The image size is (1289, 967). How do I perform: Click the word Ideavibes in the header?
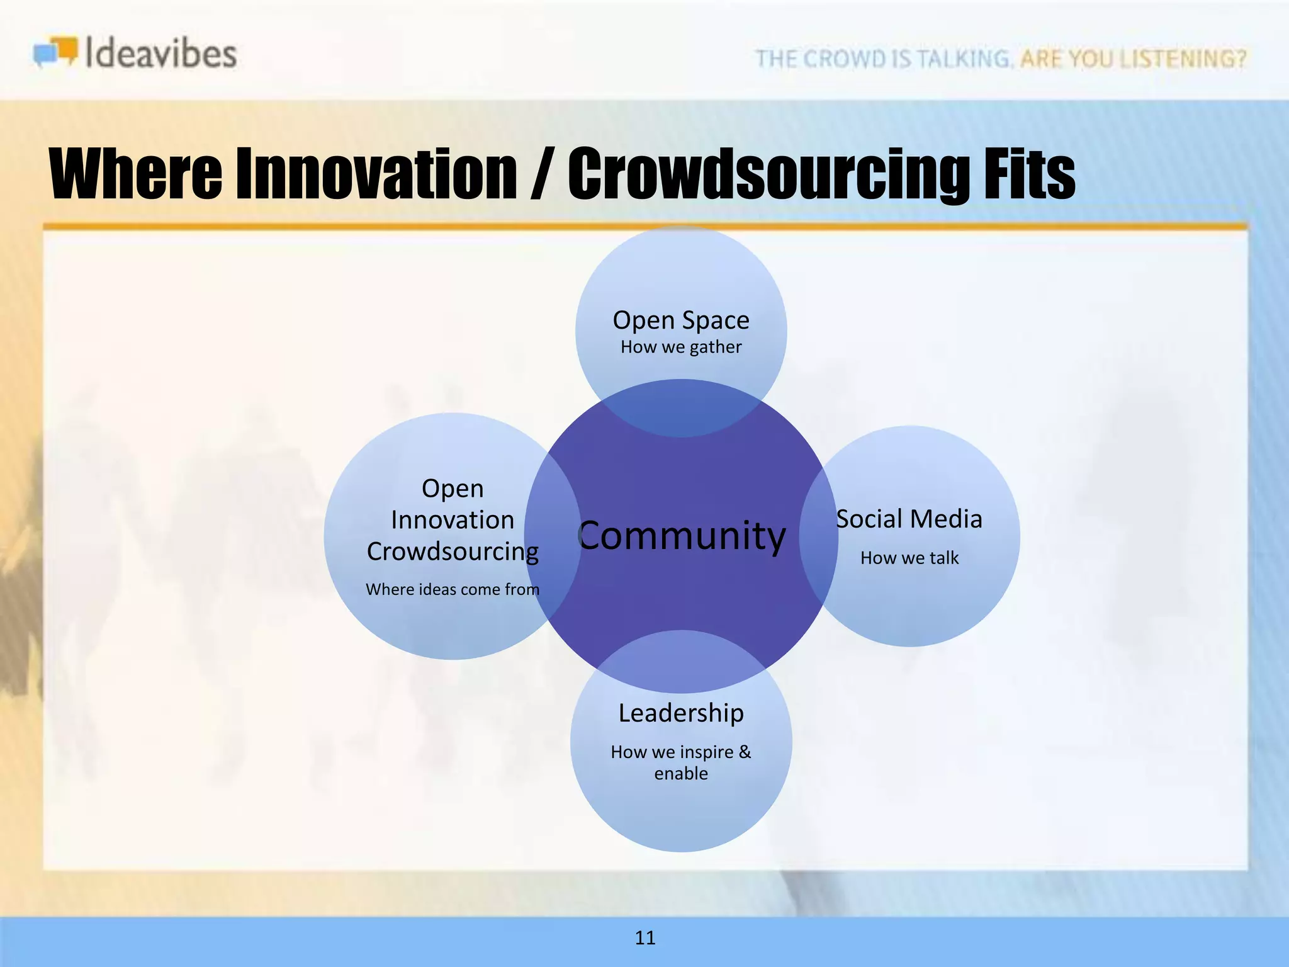coord(160,54)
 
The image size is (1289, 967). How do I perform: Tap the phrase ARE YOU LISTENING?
coord(1133,59)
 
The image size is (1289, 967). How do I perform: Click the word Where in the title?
coord(136,174)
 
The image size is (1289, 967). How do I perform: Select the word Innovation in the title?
coord(376,174)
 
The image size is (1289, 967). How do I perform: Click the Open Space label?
coord(681,320)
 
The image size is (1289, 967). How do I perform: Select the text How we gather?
coord(681,347)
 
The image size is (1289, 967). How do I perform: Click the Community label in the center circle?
coord(682,536)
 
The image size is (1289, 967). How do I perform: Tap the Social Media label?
coord(909,519)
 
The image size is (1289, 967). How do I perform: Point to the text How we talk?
coord(909,558)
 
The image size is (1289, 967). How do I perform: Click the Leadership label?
coord(681,713)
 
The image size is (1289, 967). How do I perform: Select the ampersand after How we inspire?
coord(745,752)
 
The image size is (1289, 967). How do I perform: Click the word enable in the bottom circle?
coord(681,773)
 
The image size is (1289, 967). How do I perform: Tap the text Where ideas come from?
coord(453,589)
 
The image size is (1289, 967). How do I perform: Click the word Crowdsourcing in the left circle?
coord(453,552)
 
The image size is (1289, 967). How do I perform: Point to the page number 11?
coord(645,938)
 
